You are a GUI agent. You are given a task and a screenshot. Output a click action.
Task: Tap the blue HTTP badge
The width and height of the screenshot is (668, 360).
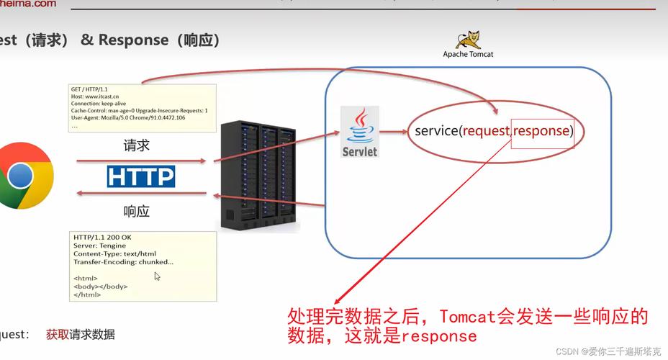coord(141,176)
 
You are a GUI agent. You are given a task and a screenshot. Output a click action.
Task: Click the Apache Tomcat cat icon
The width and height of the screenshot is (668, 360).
coord(469,40)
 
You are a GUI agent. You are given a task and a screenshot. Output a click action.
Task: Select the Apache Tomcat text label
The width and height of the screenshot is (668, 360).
coord(468,54)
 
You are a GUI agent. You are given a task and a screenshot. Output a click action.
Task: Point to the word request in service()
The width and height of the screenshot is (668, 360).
coord(486,131)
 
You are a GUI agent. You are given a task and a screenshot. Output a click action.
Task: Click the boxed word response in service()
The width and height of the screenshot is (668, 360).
coord(542,131)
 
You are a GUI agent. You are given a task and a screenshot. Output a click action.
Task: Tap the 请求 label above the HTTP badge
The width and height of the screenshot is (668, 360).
coord(137,145)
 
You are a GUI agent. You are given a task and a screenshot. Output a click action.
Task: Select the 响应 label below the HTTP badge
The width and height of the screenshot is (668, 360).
coord(137,211)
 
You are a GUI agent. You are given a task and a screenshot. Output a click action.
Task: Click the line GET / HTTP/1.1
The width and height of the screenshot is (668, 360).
coord(89,89)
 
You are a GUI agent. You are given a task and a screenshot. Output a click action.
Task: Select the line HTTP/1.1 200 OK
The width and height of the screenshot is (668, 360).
coord(102,237)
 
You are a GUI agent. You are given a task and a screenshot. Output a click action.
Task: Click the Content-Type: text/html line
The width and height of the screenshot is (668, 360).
coord(116,253)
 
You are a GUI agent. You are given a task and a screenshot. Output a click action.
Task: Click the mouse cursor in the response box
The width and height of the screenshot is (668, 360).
coord(158,276)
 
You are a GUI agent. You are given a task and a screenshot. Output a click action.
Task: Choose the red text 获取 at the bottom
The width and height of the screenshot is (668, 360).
coord(57,335)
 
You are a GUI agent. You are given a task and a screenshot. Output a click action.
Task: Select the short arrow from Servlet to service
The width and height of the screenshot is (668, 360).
coord(394,132)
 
